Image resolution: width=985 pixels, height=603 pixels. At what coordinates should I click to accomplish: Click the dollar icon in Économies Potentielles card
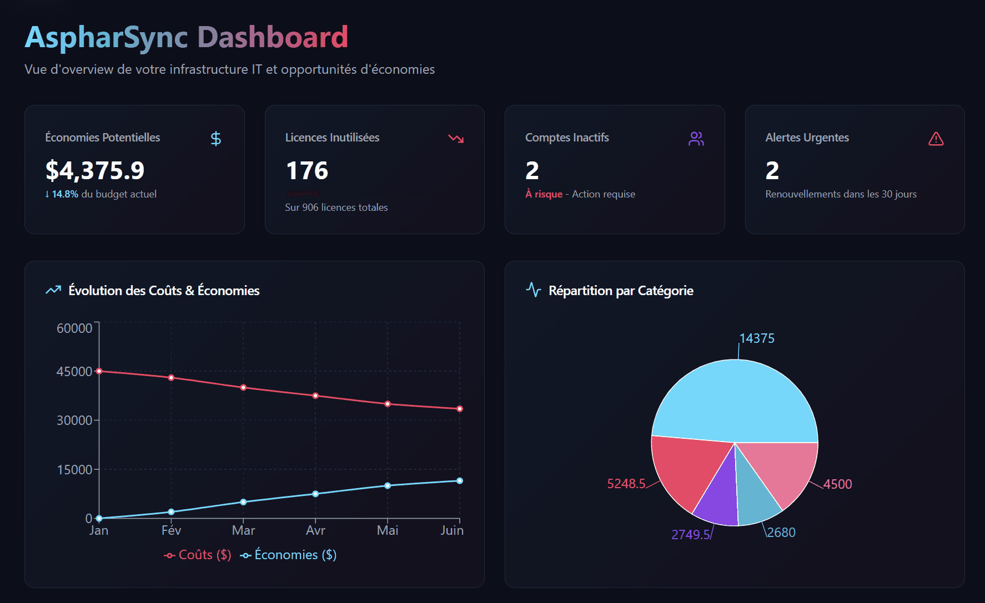coord(216,139)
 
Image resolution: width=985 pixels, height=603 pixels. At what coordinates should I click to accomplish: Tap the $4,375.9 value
coord(95,170)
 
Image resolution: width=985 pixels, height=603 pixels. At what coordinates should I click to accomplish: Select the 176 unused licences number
coord(307,170)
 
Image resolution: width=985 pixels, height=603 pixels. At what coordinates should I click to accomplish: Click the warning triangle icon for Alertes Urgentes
coord(936,139)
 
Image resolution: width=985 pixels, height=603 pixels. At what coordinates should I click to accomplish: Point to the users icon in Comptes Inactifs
coord(696,139)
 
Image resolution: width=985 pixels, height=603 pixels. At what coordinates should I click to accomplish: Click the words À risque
coord(544,194)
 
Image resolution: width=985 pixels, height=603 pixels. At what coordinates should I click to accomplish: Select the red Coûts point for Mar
coord(243,388)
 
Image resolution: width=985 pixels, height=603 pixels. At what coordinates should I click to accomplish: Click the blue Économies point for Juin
coord(459,481)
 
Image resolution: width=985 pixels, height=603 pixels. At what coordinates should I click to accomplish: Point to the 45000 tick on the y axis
coord(74,372)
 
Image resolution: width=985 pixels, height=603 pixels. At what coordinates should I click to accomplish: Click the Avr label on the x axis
coord(315,530)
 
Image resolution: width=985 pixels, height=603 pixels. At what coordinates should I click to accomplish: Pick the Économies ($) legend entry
coord(289,555)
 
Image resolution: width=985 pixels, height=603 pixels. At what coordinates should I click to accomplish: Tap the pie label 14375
coord(757,338)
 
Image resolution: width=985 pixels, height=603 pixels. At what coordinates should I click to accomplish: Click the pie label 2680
coord(781,533)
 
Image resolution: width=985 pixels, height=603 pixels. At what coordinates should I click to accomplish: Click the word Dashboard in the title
coord(273,37)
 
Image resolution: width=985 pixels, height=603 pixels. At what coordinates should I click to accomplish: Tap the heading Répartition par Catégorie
coord(621,291)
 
